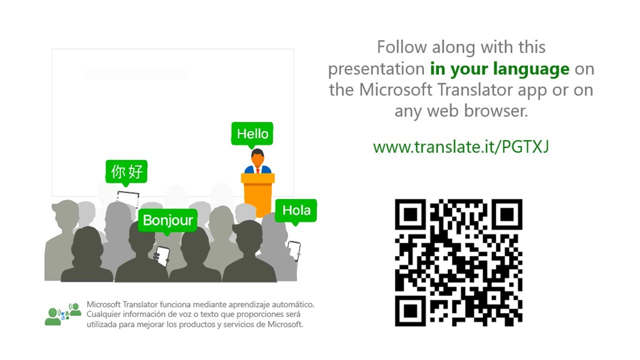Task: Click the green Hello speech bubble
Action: pyautogui.click(x=252, y=133)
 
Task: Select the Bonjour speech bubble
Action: pyautogui.click(x=167, y=220)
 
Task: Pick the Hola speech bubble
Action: pyautogui.click(x=296, y=210)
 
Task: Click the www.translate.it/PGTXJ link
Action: pyautogui.click(x=461, y=146)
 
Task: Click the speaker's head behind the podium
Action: pyautogui.click(x=257, y=158)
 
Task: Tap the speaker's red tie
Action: pyautogui.click(x=258, y=170)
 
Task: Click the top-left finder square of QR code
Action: pyautogui.click(x=410, y=214)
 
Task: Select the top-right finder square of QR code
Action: pyautogui.click(x=507, y=214)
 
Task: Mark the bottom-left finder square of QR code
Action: pyautogui.click(x=410, y=311)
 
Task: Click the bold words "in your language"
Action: pyautogui.click(x=499, y=68)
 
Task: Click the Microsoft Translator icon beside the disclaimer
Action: pyautogui.click(x=62, y=313)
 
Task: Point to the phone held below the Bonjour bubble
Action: pyautogui.click(x=161, y=255)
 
